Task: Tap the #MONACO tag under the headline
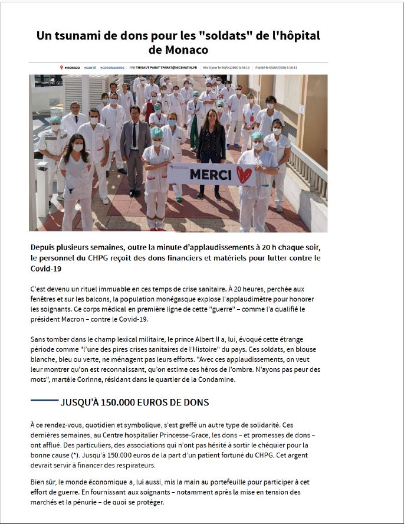click(x=72, y=68)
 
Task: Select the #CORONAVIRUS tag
click(x=112, y=68)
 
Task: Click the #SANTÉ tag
click(x=90, y=68)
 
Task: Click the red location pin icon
click(x=61, y=68)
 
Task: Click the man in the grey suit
click(x=136, y=148)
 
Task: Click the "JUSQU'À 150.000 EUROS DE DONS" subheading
click(x=134, y=402)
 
